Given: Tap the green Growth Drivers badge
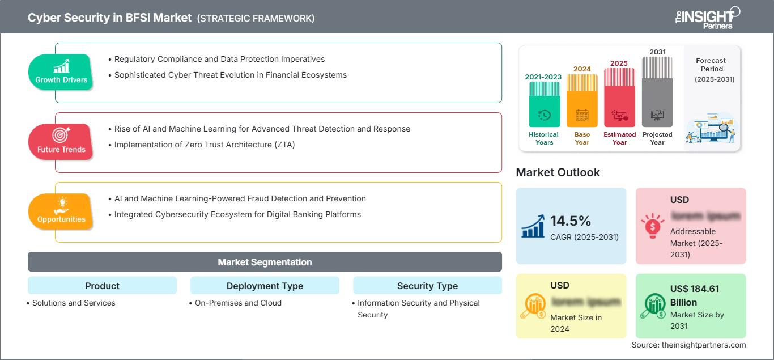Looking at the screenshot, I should (x=61, y=72).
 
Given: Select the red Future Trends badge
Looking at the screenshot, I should (x=61, y=142).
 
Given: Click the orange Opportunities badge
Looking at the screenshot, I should (x=61, y=211).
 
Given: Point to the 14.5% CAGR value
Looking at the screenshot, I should (x=571, y=221).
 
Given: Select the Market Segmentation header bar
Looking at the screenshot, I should (x=265, y=262).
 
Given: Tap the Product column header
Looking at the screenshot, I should (x=102, y=286).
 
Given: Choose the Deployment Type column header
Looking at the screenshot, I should (x=265, y=286).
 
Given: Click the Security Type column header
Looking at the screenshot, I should (x=427, y=286).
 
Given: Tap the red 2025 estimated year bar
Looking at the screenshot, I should (x=619, y=96).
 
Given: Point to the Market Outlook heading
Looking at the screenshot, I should (x=558, y=172).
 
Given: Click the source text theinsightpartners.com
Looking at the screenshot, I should (x=689, y=345).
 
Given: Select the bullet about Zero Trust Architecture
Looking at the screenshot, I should (x=205, y=145).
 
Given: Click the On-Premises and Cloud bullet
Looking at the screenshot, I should (x=238, y=303).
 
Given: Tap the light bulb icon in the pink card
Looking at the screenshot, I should (x=652, y=225).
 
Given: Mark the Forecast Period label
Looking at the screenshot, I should (x=711, y=65).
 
